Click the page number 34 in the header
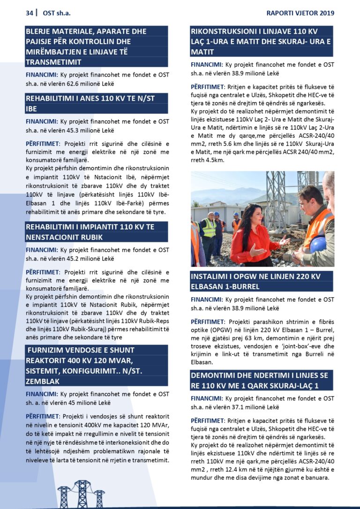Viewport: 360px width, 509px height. coord(30,13)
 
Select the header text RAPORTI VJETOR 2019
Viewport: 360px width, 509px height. coord(300,13)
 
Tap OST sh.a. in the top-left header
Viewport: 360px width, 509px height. coord(56,13)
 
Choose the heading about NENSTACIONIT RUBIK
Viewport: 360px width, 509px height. coord(96,232)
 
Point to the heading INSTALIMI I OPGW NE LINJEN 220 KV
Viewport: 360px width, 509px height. coord(261,281)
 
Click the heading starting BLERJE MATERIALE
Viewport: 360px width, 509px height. coord(96,46)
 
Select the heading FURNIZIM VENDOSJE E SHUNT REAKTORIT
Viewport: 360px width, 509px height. coord(96,366)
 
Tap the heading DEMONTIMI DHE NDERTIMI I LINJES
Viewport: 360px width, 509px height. coord(261,380)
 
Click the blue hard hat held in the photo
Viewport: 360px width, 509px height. coord(318,245)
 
